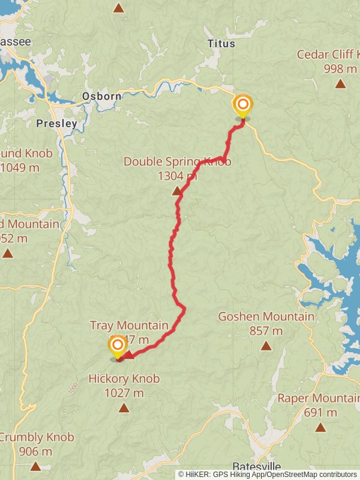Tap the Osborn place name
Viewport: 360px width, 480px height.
coord(101,96)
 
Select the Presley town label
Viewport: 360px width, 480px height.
coord(56,124)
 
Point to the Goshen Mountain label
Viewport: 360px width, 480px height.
coord(266,316)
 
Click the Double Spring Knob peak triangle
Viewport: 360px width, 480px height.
coord(177,191)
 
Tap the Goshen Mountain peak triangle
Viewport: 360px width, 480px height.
coord(266,346)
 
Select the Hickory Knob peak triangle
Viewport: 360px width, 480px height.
coord(124,408)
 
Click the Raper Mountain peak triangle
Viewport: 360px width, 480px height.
coord(320,427)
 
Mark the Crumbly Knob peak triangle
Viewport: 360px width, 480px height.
coord(35,466)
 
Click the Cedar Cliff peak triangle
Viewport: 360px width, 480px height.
coord(340,83)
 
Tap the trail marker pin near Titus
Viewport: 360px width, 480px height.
coord(242,106)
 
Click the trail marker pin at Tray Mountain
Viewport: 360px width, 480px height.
coord(116,346)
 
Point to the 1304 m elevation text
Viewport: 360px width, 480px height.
coord(177,176)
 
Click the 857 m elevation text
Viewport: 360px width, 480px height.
coord(266,331)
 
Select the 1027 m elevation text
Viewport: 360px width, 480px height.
coord(124,393)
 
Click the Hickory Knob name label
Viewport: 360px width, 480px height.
coord(124,379)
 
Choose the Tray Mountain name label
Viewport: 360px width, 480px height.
coord(129,325)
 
